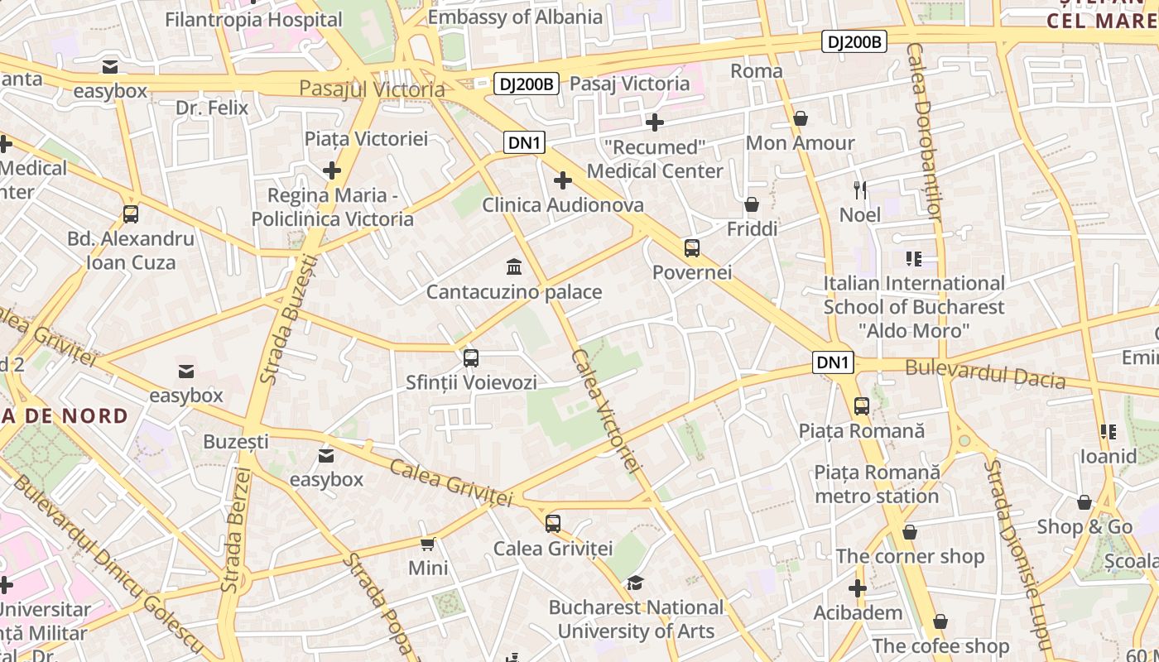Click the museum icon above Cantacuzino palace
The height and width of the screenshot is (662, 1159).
514,267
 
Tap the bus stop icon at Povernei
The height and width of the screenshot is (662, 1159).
692,247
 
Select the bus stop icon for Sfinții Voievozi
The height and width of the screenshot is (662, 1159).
471,358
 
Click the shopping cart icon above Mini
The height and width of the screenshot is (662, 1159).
428,544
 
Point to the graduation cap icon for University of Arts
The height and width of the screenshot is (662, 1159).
635,583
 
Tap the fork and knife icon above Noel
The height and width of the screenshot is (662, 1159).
860,190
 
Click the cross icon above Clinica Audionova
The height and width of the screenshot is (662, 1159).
563,180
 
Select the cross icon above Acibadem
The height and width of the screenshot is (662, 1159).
858,588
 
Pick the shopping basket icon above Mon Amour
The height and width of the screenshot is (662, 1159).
801,118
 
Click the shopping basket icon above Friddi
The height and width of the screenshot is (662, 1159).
752,204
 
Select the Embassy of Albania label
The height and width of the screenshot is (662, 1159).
515,17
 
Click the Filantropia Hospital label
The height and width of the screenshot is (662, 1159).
253,19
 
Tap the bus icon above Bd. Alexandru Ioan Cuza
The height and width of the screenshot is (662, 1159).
131,214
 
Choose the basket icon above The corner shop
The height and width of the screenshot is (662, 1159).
910,532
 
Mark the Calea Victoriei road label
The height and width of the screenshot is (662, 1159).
607,411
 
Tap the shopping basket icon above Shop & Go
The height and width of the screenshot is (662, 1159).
1084,502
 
